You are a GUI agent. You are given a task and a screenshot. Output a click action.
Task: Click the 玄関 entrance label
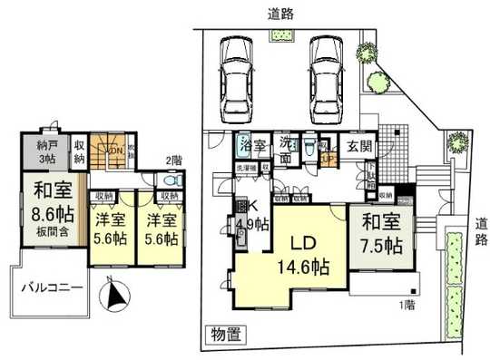pyautogui.click(x=355, y=144)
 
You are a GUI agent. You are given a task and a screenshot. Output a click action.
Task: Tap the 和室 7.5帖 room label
pyautogui.click(x=379, y=234)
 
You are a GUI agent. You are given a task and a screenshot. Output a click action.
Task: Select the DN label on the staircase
pyautogui.click(x=116, y=151)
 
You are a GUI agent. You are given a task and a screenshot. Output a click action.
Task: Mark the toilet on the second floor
pyautogui.click(x=172, y=180)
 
